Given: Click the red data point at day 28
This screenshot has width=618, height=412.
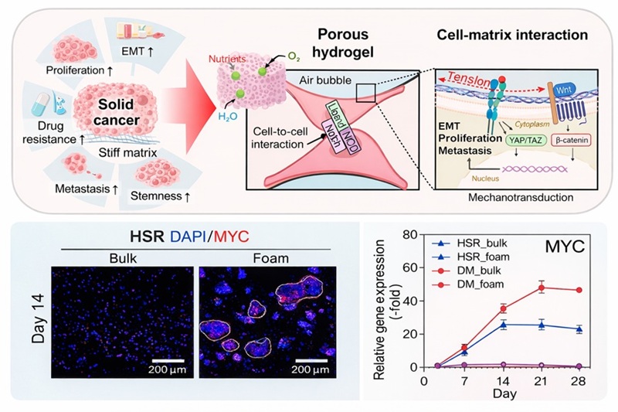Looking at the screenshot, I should [x=577, y=290].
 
